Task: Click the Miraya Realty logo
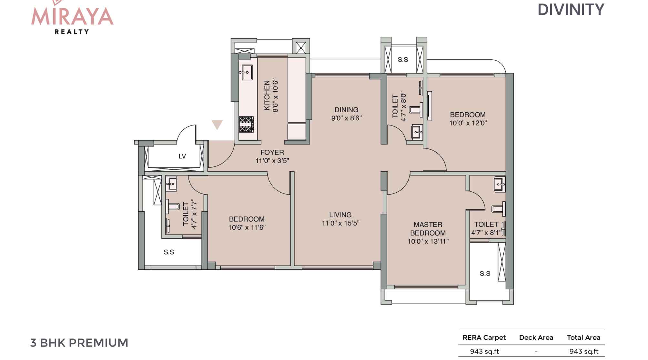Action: click(x=72, y=17)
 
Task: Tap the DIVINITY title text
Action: click(x=571, y=10)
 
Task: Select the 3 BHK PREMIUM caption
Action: click(x=79, y=343)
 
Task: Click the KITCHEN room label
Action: click(x=267, y=95)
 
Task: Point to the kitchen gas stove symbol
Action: click(x=247, y=125)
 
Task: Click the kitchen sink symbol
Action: click(x=246, y=72)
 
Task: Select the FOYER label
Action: click(x=272, y=152)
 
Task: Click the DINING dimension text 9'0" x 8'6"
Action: click(x=346, y=118)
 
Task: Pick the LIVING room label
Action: click(x=340, y=215)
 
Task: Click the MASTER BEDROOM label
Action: click(x=428, y=229)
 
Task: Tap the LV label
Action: click(x=182, y=156)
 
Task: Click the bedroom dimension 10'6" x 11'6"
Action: click(x=247, y=227)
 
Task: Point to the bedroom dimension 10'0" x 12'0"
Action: click(x=468, y=123)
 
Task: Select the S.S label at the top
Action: click(x=403, y=60)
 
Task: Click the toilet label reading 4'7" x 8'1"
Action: click(x=487, y=232)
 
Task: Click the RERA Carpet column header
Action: click(x=484, y=337)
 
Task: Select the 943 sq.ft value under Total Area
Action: click(x=584, y=351)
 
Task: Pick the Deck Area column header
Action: click(x=536, y=337)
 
